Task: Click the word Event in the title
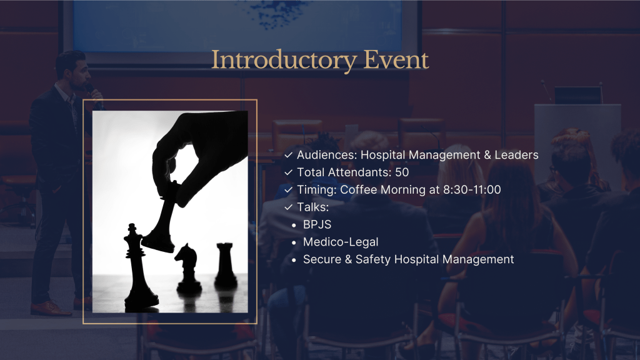click(396, 59)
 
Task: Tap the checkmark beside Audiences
click(289, 155)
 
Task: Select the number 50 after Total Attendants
click(402, 172)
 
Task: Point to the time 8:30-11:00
click(472, 190)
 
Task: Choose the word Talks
click(312, 207)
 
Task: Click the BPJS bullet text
click(317, 224)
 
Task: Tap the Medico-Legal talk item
click(341, 242)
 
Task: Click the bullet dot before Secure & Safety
click(294, 260)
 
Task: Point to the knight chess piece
click(187, 267)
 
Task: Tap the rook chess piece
click(225, 264)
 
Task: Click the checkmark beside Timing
click(289, 190)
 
